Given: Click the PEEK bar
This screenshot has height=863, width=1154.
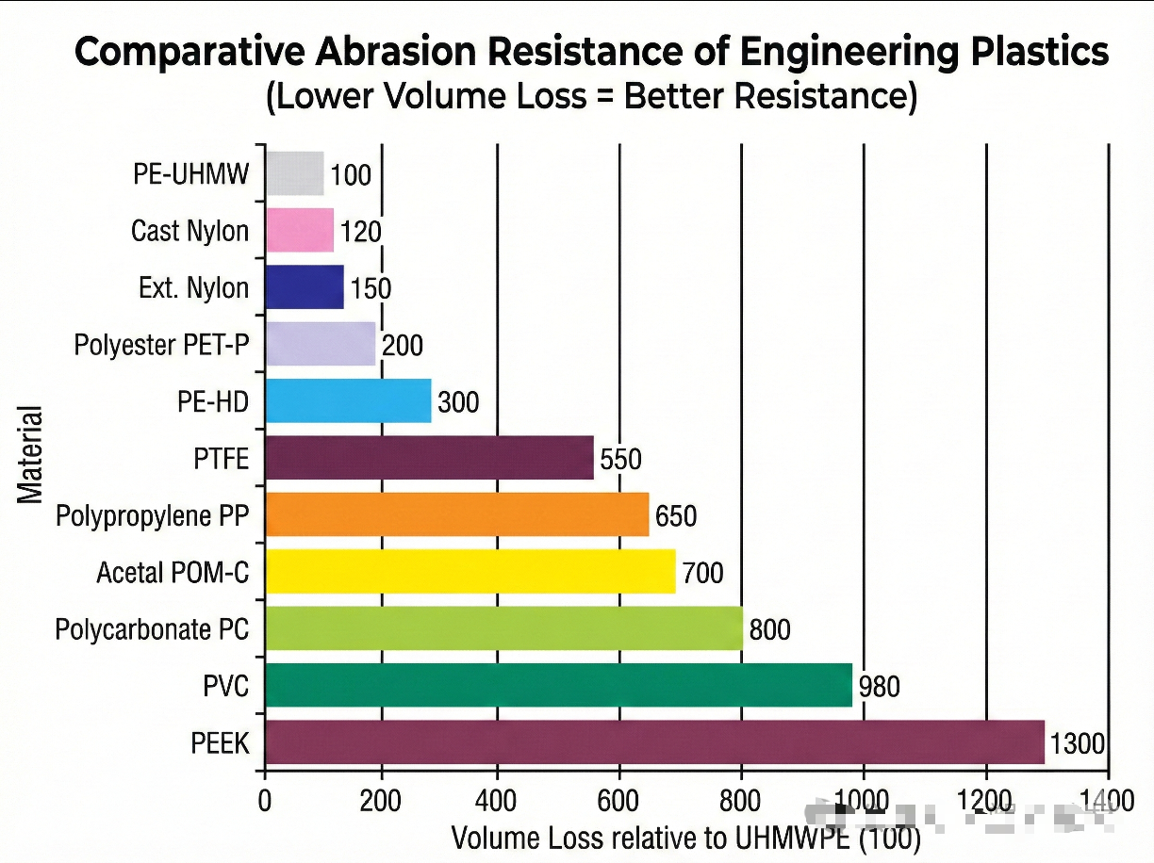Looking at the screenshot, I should (654, 742).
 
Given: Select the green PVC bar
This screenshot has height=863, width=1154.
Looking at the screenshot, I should (558, 685).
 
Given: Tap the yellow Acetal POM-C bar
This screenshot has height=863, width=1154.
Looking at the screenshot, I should (470, 571).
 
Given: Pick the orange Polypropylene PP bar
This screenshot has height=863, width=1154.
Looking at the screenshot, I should (457, 514).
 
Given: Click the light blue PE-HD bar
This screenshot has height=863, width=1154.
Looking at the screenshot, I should (348, 400).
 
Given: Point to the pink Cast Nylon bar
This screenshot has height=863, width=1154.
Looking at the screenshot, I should (300, 230).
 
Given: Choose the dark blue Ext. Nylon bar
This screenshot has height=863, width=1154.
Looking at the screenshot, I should (305, 287).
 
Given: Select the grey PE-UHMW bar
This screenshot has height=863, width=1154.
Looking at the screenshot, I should (295, 173).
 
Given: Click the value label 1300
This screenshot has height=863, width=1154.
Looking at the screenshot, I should (1076, 743).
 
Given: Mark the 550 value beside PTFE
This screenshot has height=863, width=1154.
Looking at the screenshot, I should (619, 459).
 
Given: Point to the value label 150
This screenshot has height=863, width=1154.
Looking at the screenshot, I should (371, 288).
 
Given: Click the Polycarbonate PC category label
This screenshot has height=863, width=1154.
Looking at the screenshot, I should (152, 628).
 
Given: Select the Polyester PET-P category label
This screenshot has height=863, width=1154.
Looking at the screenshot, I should (162, 345).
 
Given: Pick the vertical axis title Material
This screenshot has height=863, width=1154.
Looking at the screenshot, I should (30, 455).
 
